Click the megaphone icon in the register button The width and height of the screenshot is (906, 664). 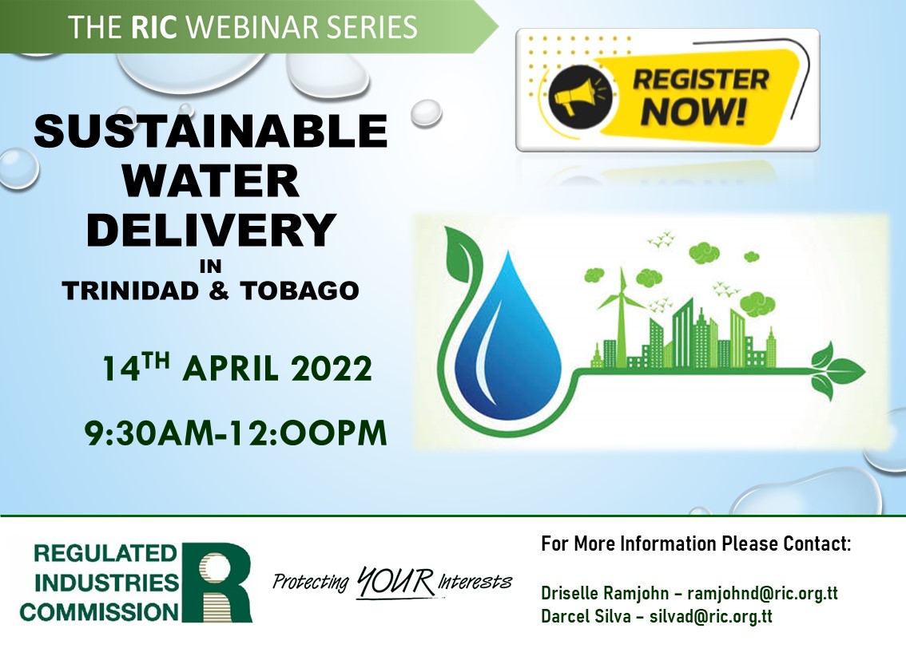coord(578,96)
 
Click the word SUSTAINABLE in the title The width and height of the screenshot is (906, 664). coord(210,131)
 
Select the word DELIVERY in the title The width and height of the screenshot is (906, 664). coord(211,230)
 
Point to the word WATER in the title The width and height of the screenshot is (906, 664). coord(210,180)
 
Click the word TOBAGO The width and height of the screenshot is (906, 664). coord(300,290)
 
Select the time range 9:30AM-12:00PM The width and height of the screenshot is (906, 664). coord(235,433)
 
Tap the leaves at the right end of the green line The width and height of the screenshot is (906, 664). coord(836,370)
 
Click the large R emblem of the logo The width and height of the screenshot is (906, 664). coord(217,582)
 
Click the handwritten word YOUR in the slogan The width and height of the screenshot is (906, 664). coord(395,582)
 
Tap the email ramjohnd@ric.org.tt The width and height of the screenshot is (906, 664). coord(762,593)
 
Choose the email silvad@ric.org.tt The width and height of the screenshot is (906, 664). coord(711,616)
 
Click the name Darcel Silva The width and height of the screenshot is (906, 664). coord(586,616)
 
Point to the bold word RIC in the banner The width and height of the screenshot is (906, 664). coord(153,27)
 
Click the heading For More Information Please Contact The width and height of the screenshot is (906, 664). coord(696,544)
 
